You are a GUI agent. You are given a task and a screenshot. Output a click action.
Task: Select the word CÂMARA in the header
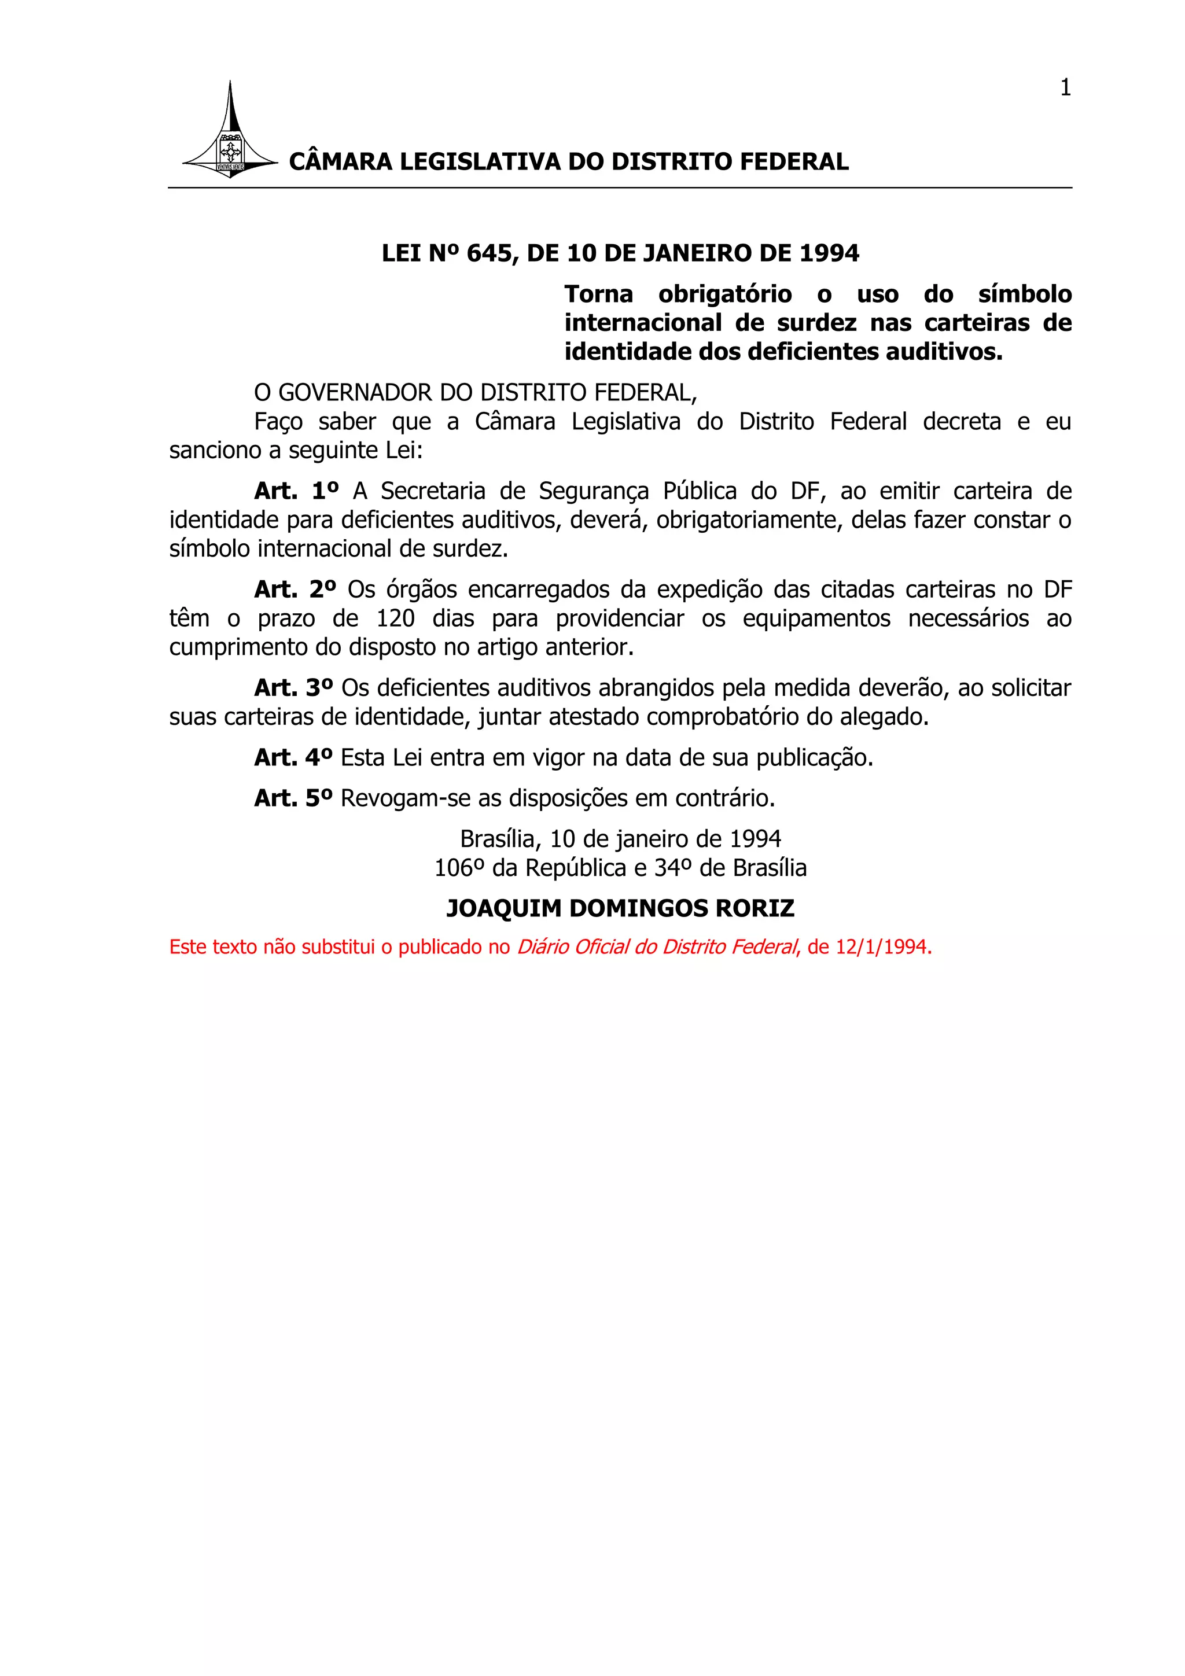340,161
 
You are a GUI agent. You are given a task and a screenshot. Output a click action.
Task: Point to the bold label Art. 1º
296,491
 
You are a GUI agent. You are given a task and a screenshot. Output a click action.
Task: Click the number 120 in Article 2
395,619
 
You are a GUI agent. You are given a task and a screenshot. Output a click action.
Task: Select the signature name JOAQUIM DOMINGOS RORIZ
620,909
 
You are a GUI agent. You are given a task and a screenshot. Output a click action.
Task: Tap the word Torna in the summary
598,294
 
